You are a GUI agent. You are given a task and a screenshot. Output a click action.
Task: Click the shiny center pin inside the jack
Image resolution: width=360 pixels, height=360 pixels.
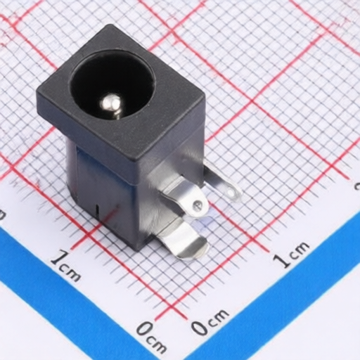[110, 105]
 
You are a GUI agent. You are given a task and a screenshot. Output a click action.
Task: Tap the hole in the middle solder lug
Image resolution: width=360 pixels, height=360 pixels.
[198, 205]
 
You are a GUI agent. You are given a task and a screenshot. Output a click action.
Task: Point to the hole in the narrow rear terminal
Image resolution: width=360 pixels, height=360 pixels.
[232, 192]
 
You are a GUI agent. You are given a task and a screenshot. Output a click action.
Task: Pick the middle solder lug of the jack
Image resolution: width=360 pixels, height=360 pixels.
[185, 199]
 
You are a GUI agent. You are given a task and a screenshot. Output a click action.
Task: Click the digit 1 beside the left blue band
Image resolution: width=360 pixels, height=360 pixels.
[57, 258]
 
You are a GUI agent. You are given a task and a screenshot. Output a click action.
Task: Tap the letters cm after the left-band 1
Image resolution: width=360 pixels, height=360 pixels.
[70, 273]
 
